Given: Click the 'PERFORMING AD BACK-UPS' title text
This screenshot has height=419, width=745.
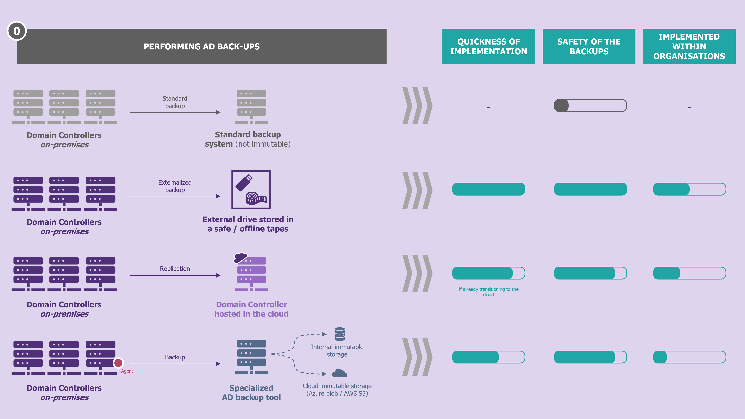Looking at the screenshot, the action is click(202, 47).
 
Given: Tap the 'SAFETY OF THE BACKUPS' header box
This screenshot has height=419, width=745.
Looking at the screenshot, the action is click(589, 46).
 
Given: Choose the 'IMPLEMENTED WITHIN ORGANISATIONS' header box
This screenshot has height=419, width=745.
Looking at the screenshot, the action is click(689, 46).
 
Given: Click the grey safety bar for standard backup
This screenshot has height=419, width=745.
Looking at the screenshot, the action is click(590, 105).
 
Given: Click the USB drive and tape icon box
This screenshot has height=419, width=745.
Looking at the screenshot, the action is click(251, 190).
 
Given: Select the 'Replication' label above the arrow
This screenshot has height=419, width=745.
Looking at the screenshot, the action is click(175, 269).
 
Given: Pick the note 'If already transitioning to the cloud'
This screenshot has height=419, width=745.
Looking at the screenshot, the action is click(488, 292).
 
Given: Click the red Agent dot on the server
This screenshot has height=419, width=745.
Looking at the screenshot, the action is click(118, 363).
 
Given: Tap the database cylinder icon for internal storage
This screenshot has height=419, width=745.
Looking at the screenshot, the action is click(339, 334).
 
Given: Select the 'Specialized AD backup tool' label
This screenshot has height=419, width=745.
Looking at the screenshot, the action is click(251, 392).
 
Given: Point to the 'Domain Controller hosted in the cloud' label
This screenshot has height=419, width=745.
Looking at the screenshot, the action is click(251, 309).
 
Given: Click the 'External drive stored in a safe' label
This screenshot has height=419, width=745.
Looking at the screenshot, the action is click(248, 224).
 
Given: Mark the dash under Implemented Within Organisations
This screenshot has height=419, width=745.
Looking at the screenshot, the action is click(689, 108).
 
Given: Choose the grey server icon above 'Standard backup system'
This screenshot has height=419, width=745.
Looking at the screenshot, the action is click(251, 107).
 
